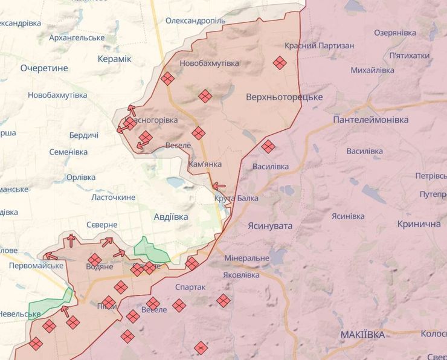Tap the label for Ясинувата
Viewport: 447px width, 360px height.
pyautogui.click(x=269, y=225)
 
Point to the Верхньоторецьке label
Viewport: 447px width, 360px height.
pyautogui.click(x=284, y=97)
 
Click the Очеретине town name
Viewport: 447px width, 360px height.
pyautogui.click(x=44, y=68)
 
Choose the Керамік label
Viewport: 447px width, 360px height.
pyautogui.click(x=114, y=59)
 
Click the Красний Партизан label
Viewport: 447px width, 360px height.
pyautogui.click(x=319, y=45)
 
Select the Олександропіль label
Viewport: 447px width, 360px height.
pyautogui.click(x=195, y=21)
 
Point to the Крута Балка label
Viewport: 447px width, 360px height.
pyautogui.click(x=236, y=198)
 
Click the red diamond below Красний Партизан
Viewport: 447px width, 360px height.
pyautogui.click(x=279, y=62)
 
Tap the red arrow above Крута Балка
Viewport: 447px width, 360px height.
pyautogui.click(x=219, y=186)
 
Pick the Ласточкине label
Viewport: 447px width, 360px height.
pyautogui.click(x=113, y=198)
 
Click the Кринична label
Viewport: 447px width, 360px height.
pyautogui.click(x=419, y=223)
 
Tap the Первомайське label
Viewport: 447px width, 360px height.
pyautogui.click(x=36, y=266)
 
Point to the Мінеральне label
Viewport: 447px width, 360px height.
pyautogui.click(x=246, y=258)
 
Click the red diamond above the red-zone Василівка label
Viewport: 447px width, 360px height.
pyautogui.click(x=268, y=146)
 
